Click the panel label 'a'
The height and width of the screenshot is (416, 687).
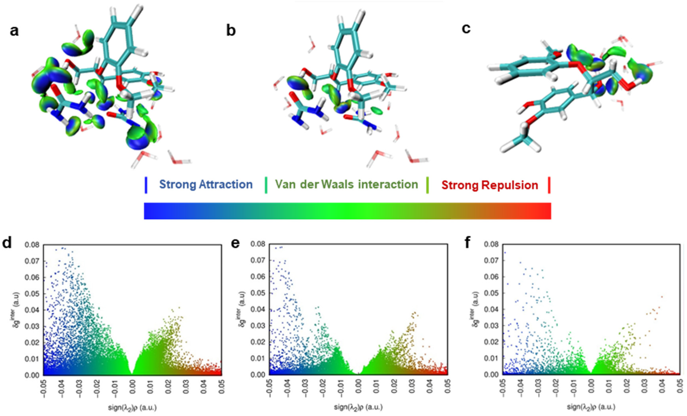click(x=14, y=31)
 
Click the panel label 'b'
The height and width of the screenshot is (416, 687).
click(x=231, y=31)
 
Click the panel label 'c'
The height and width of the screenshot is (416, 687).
click(x=466, y=28)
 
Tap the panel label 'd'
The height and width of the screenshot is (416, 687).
click(x=7, y=243)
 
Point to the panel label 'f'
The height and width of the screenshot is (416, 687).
click(x=468, y=243)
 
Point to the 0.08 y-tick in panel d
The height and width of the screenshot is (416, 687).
click(x=32, y=245)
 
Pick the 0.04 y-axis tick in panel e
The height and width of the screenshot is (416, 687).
click(x=258, y=310)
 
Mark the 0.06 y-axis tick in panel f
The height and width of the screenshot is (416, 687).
click(x=491, y=277)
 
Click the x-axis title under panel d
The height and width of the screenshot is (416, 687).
click(x=132, y=408)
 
